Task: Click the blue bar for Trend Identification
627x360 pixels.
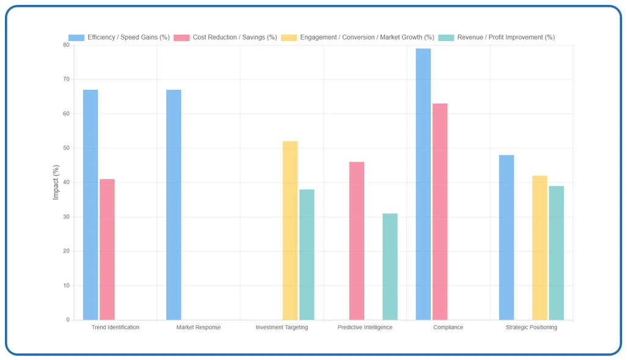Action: [x=90, y=205]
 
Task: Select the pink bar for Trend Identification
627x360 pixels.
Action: [x=107, y=249]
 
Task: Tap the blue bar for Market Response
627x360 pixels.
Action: [x=174, y=205]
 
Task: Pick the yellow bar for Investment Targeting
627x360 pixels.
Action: [x=290, y=230]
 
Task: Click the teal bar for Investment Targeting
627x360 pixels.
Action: [x=307, y=254]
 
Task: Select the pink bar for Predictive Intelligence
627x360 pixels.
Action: [x=357, y=241]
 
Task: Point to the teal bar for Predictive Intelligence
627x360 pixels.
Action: [x=390, y=266]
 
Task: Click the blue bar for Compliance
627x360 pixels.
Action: [x=424, y=184]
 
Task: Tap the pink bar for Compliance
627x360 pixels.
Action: [x=440, y=211]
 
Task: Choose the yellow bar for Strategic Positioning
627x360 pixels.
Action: [x=540, y=248]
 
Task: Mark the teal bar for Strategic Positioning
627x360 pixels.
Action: [x=556, y=252]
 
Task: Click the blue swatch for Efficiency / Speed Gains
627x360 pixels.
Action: [x=76, y=38]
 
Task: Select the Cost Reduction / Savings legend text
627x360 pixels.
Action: [x=235, y=38]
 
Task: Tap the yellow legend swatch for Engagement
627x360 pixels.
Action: [x=289, y=38]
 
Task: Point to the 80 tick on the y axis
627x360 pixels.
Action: [x=66, y=45]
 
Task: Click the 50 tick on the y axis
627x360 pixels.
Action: [x=66, y=149]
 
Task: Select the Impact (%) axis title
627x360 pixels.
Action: [x=56, y=182]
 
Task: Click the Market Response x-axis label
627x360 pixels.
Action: [x=199, y=328]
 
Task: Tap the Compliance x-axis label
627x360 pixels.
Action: [x=448, y=328]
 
